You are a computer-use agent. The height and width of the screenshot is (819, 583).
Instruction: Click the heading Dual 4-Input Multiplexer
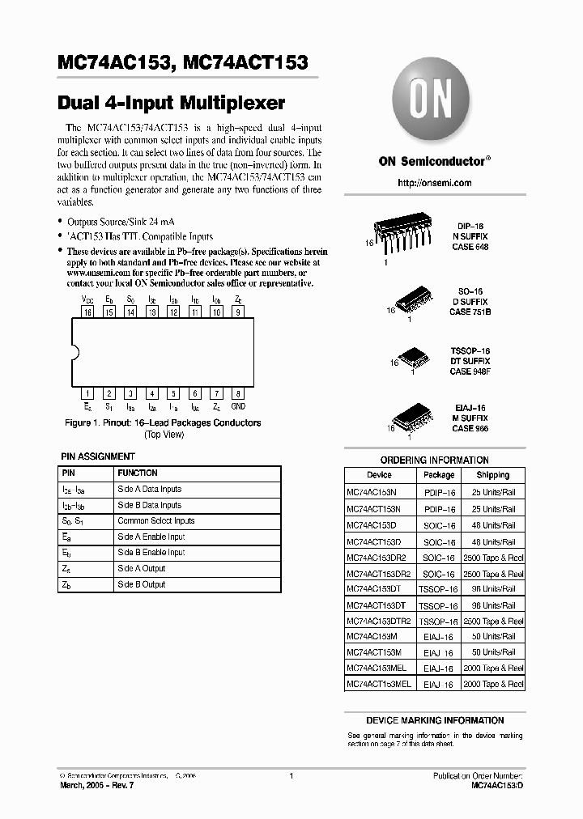[172, 103]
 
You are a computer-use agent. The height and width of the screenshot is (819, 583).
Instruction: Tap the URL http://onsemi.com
[434, 183]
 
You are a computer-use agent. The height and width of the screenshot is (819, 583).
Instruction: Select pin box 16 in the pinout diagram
[87, 312]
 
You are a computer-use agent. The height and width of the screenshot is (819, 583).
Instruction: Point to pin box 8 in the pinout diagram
[237, 393]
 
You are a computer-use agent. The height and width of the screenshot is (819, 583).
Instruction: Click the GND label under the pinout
[238, 406]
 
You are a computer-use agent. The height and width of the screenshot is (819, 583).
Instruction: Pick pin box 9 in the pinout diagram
[237, 312]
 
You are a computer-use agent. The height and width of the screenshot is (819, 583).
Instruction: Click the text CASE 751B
[470, 312]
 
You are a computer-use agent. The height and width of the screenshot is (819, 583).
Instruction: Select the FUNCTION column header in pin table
[138, 473]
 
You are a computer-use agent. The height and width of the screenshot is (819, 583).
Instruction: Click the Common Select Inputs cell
[156, 521]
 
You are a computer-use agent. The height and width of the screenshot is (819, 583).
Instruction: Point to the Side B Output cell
[142, 584]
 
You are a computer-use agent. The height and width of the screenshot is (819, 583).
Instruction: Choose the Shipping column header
[493, 475]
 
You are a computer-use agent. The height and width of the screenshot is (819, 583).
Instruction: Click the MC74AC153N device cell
[373, 492]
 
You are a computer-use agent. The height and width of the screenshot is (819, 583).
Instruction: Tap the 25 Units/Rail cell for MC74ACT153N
[493, 509]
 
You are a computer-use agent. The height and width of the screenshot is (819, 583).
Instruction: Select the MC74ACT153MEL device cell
[379, 684]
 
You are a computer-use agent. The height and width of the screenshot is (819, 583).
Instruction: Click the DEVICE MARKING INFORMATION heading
[435, 720]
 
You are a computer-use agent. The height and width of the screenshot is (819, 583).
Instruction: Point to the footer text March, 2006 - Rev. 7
[96, 787]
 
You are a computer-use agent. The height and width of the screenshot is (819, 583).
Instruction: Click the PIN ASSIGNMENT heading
[98, 456]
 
